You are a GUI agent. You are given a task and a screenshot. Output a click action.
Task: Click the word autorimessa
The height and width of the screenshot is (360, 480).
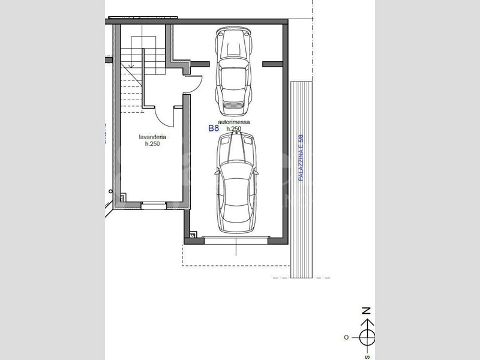click(233, 122)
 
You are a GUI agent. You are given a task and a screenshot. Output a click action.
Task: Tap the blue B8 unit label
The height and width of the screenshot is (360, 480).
click(214, 128)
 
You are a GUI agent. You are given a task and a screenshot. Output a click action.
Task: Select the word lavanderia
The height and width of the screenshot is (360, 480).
click(152, 137)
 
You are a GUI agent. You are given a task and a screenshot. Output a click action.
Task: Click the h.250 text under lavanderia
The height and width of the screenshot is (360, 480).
click(152, 144)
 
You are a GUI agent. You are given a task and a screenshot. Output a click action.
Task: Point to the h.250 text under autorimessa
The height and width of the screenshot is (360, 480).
click(233, 129)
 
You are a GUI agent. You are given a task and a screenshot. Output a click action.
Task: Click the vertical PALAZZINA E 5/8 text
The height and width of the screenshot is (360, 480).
click(301, 158)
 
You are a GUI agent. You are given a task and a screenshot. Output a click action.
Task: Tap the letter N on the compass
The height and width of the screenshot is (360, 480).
click(366, 311)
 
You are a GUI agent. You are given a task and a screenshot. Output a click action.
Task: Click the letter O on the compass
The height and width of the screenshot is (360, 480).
click(346, 337)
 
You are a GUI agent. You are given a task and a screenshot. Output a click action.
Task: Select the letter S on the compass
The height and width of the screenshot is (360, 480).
click(367, 357)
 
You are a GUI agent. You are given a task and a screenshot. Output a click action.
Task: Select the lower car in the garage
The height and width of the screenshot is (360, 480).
click(236, 182)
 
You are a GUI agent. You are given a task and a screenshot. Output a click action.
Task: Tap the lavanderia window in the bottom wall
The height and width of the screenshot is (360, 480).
click(154, 205)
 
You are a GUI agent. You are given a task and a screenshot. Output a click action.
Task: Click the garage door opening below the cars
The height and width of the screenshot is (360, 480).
click(236, 240)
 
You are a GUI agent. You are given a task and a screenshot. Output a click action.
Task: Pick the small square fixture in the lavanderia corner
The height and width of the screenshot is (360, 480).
click(123, 198)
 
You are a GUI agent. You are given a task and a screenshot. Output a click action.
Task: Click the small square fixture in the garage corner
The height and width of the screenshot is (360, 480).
click(193, 234)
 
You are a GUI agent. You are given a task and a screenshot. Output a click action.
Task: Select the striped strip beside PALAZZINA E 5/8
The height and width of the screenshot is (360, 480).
click(301, 179)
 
